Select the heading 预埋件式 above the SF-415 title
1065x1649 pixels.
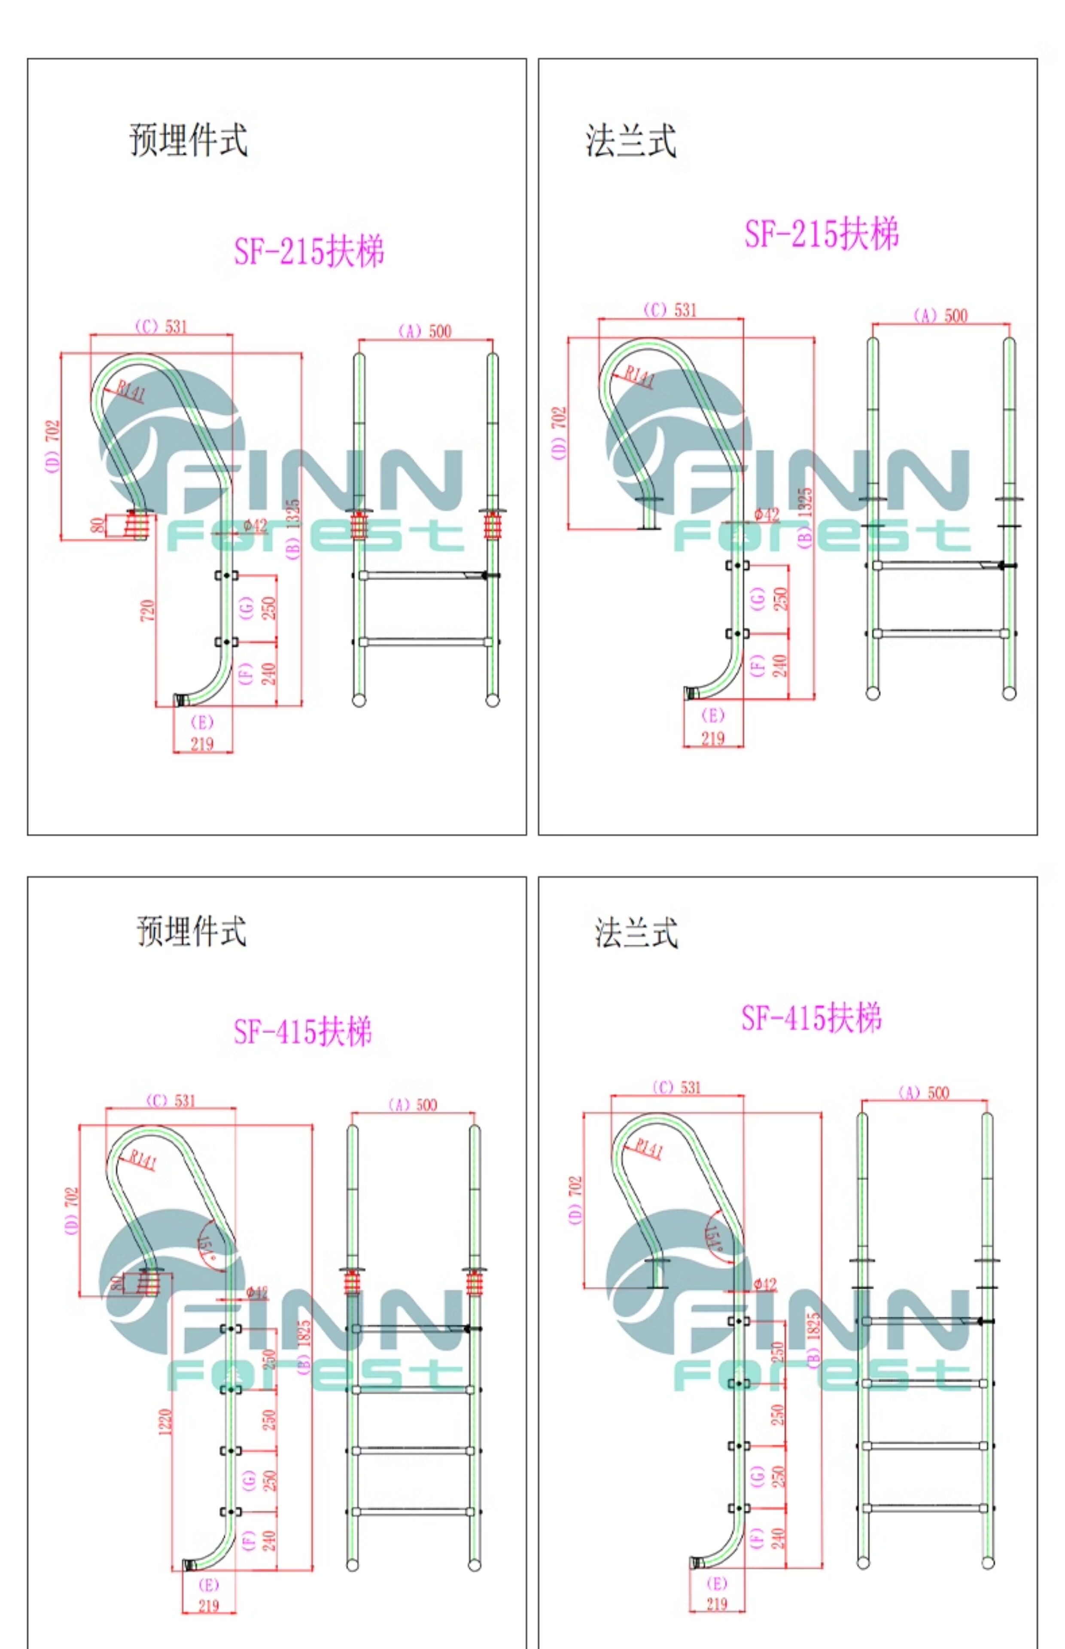click(191, 931)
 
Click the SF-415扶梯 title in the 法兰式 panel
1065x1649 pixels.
click(811, 1019)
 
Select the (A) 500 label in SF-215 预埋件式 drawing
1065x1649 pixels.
click(425, 331)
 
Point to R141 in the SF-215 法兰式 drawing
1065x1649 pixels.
click(639, 377)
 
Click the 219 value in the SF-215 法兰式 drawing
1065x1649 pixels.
click(712, 739)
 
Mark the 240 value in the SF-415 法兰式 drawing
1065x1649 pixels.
click(778, 1538)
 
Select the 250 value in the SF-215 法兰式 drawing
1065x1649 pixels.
click(779, 598)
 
